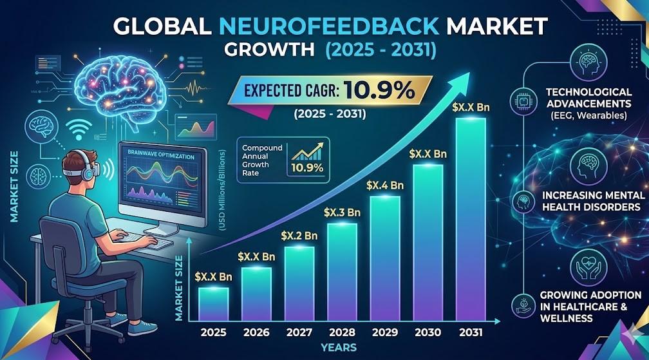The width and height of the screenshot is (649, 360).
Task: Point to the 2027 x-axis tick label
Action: click(x=299, y=332)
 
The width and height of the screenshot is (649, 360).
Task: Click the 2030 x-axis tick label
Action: click(x=428, y=332)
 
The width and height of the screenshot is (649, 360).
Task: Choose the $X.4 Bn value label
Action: click(x=384, y=185)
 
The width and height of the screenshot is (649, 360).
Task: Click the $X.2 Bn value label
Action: click(x=299, y=236)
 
